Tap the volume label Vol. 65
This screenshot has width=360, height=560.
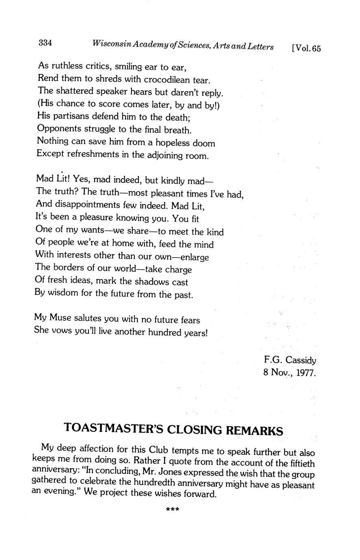tap(306, 48)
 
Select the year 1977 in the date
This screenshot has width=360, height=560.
tap(306, 373)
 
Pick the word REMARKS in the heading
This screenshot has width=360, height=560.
tap(254, 430)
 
